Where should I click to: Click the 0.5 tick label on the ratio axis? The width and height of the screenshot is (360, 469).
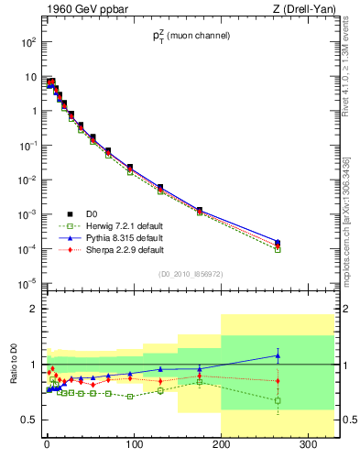tap(27, 420)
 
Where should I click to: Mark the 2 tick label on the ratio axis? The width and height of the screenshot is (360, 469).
tap(32, 310)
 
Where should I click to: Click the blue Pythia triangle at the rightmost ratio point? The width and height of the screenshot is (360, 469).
tap(278, 355)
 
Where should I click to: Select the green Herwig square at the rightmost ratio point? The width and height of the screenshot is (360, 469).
tap(278, 400)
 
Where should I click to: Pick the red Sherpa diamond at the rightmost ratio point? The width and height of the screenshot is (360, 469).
tap(278, 380)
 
